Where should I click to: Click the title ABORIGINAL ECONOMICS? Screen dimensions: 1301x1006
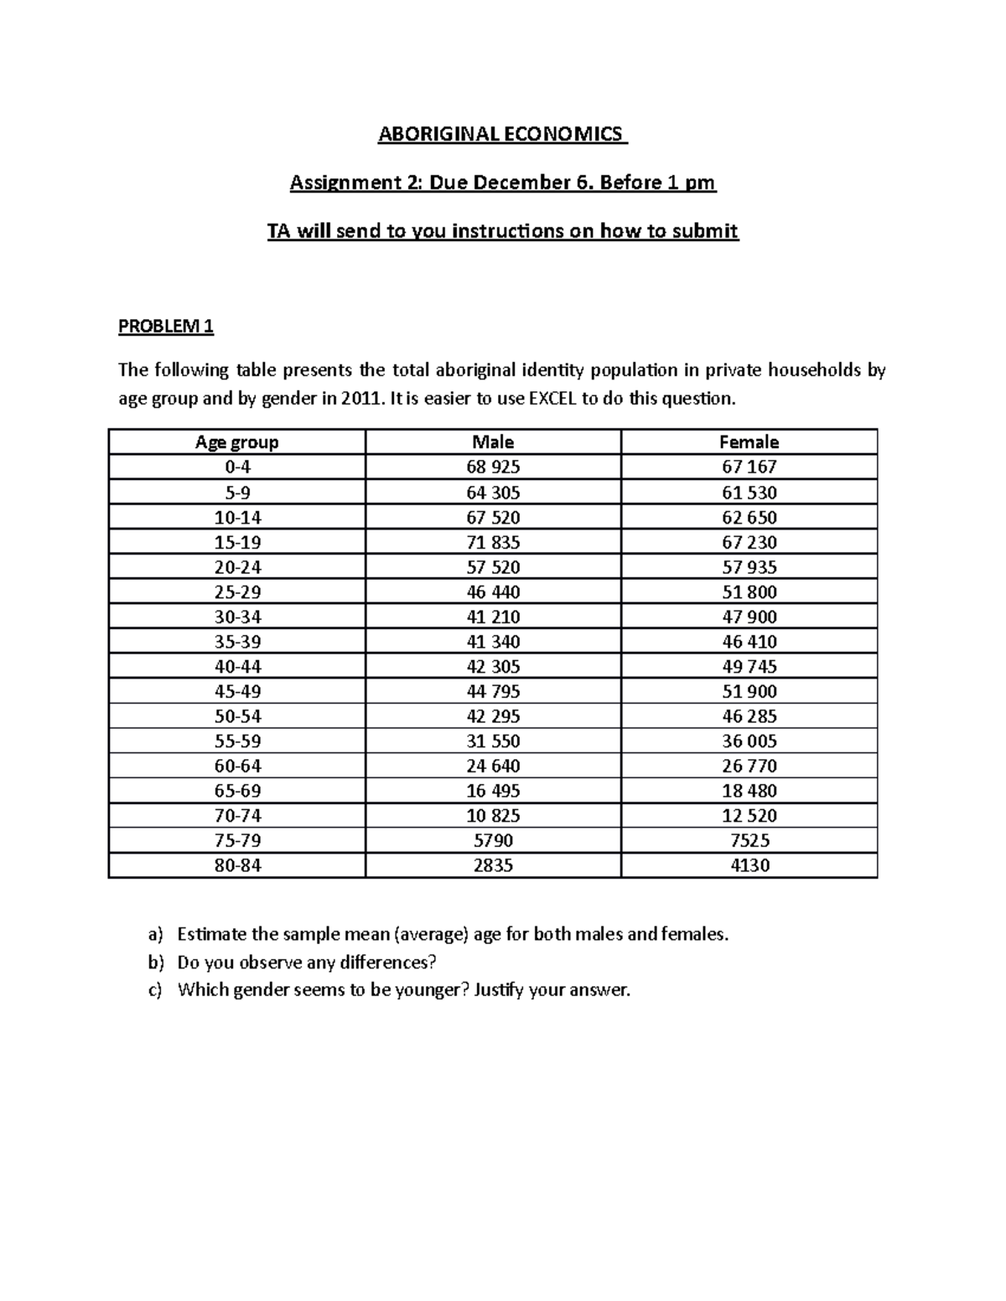coord(501,134)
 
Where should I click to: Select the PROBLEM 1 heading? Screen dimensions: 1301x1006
coord(166,327)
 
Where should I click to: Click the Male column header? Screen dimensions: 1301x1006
coord(493,442)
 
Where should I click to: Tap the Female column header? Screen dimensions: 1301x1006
coord(749,442)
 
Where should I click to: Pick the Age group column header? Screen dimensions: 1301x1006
coord(236,442)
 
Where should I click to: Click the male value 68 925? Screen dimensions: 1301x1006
coord(493,467)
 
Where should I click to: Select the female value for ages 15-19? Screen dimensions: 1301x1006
coord(749,542)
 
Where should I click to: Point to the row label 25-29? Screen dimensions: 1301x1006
coord(237,592)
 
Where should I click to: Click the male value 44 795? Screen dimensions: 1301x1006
coord(493,691)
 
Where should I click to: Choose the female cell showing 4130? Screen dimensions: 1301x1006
coord(749,865)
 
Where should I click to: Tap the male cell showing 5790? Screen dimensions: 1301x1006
coord(493,840)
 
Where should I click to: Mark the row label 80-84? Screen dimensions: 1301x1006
coord(237,865)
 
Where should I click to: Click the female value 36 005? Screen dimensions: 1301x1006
coord(749,741)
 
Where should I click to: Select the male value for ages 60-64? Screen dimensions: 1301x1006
coord(493,766)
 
